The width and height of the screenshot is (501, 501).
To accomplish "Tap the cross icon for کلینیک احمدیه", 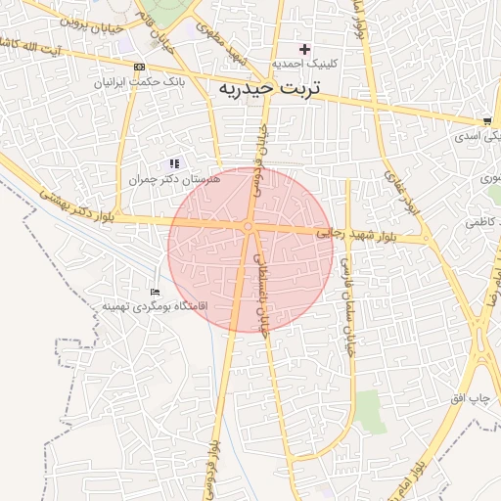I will point(304,49).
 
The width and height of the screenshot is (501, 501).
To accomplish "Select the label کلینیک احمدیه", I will point(305,64).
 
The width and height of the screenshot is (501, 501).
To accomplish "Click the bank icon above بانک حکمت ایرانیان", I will point(140,67).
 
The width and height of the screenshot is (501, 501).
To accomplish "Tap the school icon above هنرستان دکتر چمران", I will point(174,163).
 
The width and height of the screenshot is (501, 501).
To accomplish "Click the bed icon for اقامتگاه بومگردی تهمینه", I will point(154,292).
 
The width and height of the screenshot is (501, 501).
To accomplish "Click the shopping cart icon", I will point(487,121).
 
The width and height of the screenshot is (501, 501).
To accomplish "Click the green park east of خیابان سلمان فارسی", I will point(368,410).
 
